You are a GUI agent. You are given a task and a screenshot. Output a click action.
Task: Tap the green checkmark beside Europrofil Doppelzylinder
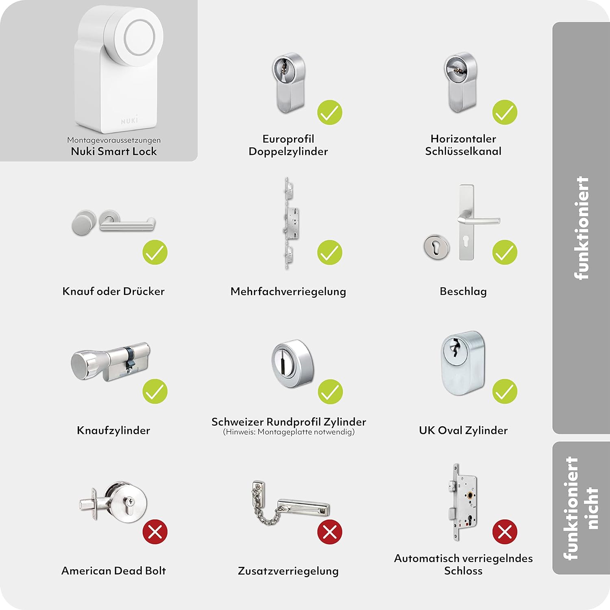(x=330, y=112)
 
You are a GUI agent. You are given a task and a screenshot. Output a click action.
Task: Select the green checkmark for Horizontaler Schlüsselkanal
(x=505, y=112)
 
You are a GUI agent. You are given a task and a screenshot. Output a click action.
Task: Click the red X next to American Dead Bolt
(x=155, y=532)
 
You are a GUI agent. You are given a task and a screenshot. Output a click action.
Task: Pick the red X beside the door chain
(x=330, y=532)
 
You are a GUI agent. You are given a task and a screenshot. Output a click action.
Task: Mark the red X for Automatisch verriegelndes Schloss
(x=505, y=532)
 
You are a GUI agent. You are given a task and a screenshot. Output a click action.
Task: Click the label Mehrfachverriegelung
(x=288, y=292)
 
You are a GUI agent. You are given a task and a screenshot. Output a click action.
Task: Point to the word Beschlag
(x=463, y=292)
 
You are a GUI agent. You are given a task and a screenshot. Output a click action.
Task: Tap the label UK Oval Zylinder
(x=463, y=430)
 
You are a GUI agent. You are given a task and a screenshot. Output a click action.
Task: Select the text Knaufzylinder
(x=113, y=430)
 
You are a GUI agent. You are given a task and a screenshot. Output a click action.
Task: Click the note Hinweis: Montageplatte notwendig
(x=289, y=432)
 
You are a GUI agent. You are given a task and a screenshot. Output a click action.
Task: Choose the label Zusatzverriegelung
(x=288, y=571)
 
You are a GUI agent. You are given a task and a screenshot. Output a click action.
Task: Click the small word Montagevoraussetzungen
(x=114, y=140)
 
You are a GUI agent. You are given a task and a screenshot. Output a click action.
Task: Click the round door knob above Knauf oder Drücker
(x=84, y=222)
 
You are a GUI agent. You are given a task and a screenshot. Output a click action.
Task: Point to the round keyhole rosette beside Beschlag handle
(x=436, y=246)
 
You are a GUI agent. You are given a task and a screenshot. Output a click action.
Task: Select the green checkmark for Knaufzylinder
(x=155, y=391)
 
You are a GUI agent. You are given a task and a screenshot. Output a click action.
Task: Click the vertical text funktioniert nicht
(x=582, y=508)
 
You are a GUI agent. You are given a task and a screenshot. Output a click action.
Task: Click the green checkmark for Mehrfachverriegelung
(x=330, y=252)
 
